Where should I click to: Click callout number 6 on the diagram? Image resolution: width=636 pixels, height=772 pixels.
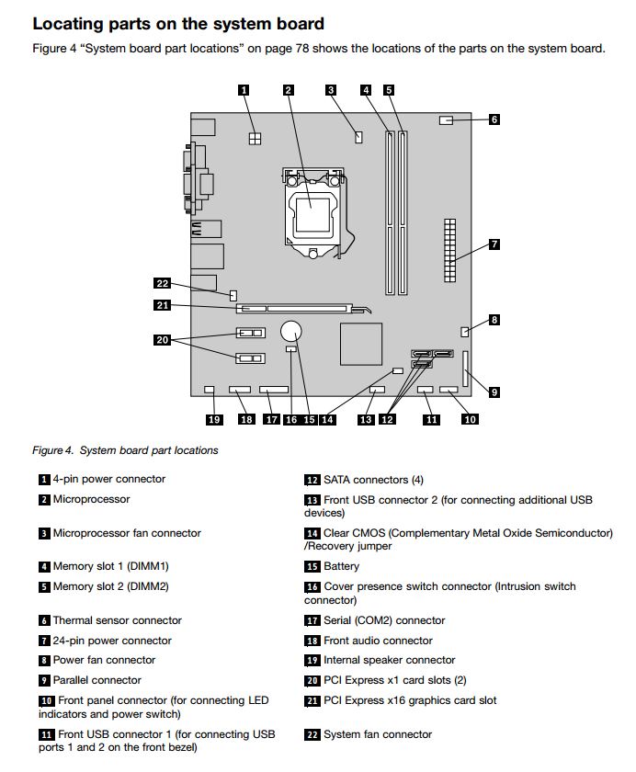pyautogui.click(x=494, y=119)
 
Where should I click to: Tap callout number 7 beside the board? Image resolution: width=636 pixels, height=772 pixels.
pyautogui.click(x=494, y=244)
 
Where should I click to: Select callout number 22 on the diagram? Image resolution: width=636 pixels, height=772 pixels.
pyautogui.click(x=163, y=284)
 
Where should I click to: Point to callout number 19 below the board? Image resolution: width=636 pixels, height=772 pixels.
pyautogui.click(x=214, y=419)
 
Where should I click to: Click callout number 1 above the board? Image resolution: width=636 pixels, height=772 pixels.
pyautogui.click(x=244, y=90)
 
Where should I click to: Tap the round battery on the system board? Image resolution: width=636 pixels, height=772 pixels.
pyautogui.click(x=292, y=329)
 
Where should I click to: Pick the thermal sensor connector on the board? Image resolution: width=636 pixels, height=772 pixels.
pyautogui.click(x=448, y=119)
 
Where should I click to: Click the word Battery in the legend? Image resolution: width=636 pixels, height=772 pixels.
pyautogui.click(x=341, y=566)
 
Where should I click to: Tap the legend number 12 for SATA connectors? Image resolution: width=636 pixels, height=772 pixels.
pyautogui.click(x=312, y=480)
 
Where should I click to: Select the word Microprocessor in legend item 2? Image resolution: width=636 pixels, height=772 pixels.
pyautogui.click(x=91, y=499)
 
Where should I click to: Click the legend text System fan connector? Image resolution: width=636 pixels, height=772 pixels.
pyautogui.click(x=377, y=734)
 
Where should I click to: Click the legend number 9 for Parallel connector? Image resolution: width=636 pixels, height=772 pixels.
pyautogui.click(x=44, y=680)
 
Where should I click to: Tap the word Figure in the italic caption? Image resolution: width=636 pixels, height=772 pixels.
pyautogui.click(x=48, y=450)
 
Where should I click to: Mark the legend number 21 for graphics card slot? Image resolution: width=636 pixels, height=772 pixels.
pyautogui.click(x=312, y=700)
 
